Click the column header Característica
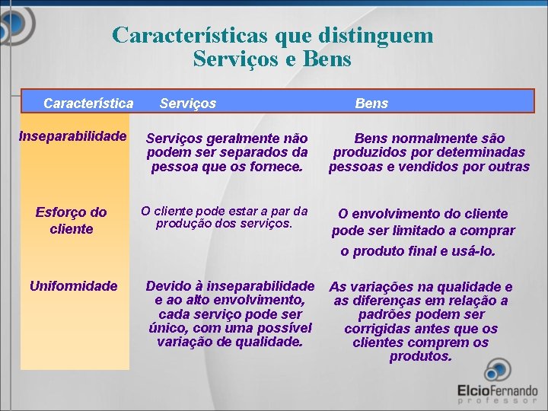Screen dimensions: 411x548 (x=88, y=103)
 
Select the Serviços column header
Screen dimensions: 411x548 (x=187, y=103)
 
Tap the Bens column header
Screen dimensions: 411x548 (x=371, y=103)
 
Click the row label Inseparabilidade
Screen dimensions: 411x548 (x=73, y=136)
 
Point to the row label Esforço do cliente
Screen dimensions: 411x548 (x=71, y=220)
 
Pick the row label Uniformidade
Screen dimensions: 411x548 (x=73, y=285)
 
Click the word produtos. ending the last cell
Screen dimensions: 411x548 (x=421, y=356)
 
